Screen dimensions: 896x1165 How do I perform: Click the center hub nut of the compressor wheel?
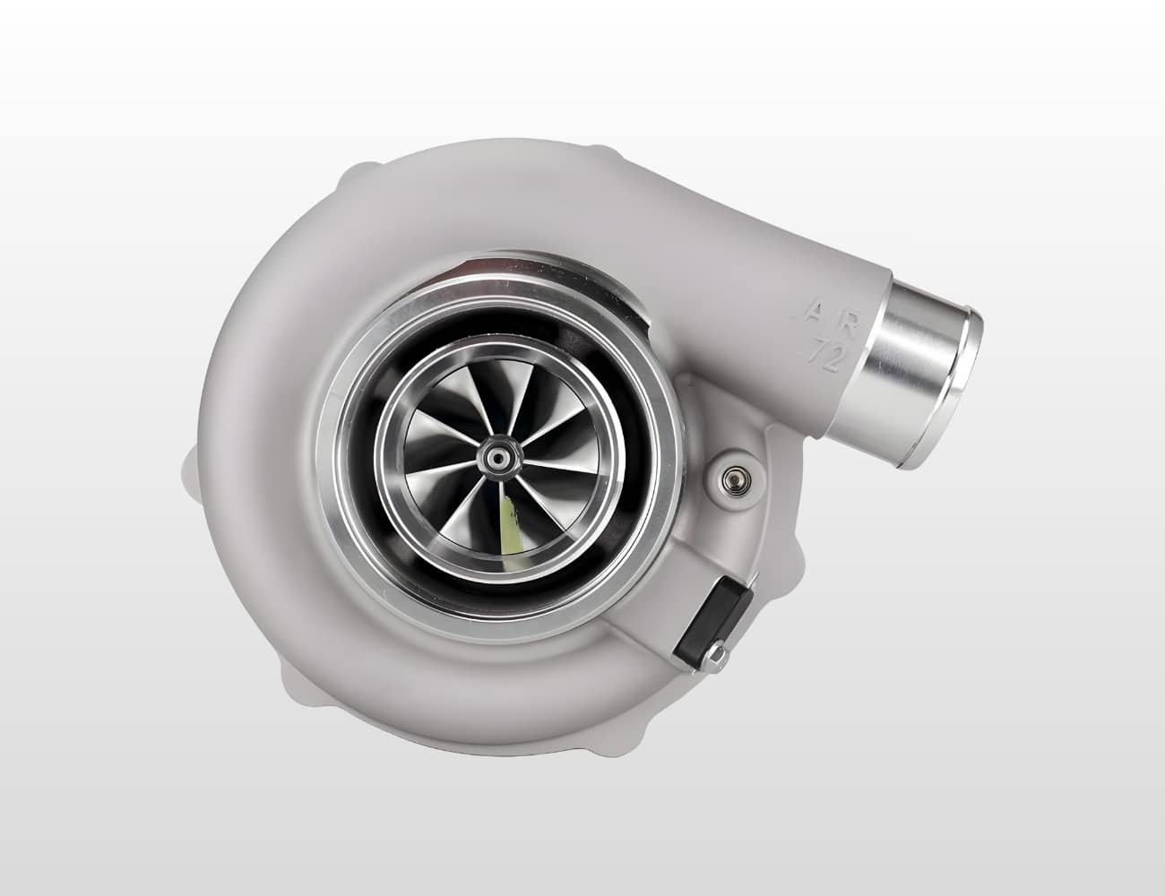click(496, 458)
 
